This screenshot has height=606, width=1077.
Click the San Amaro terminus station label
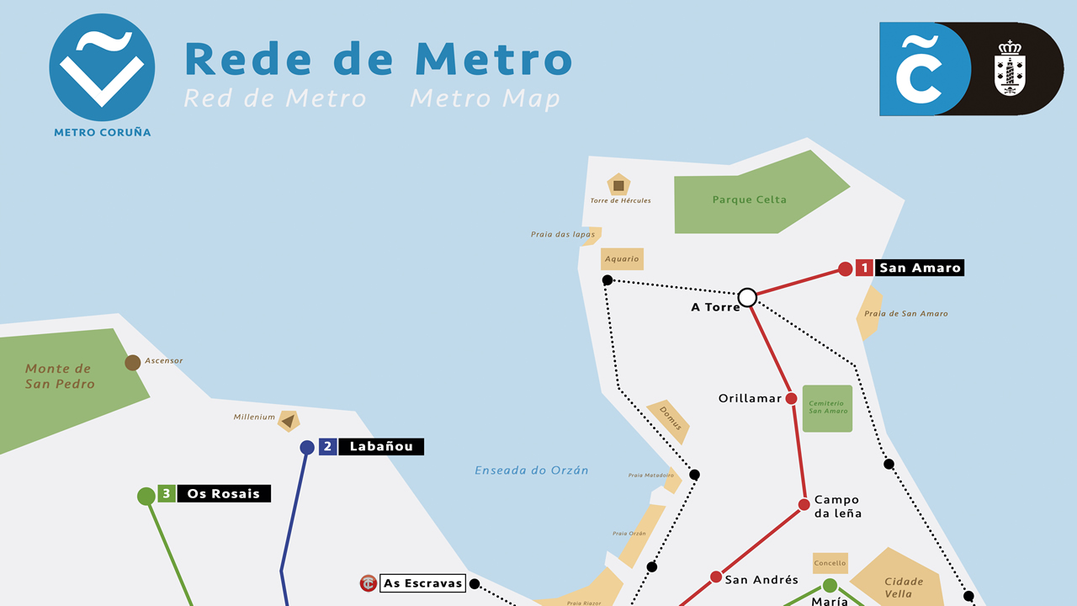[x=919, y=268]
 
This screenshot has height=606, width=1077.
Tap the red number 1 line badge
[x=864, y=268]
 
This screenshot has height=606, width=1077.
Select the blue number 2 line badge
[x=327, y=447]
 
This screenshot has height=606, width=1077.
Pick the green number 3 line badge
[x=167, y=494]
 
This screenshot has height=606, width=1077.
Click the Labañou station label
[x=381, y=447]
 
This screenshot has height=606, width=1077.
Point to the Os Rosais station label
[x=224, y=494]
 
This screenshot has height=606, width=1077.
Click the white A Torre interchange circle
[x=747, y=297]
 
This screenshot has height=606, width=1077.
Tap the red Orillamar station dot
[x=791, y=398]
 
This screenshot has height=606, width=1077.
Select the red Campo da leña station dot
[x=804, y=504]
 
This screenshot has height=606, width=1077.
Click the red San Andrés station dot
[x=715, y=577]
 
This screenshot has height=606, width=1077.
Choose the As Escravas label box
[x=422, y=583]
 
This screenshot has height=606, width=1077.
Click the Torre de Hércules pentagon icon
[x=618, y=184]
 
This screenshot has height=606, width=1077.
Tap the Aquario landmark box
[x=622, y=258]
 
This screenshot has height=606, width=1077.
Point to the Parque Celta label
[x=749, y=200]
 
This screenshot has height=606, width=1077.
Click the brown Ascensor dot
[x=132, y=363]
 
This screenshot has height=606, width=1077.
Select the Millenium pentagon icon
[x=289, y=420]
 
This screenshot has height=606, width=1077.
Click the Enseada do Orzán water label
[x=531, y=470]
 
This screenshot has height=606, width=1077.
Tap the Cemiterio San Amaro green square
[x=827, y=409]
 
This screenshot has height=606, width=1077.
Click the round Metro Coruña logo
[x=102, y=67]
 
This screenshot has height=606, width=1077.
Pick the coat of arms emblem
[x=1009, y=69]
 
